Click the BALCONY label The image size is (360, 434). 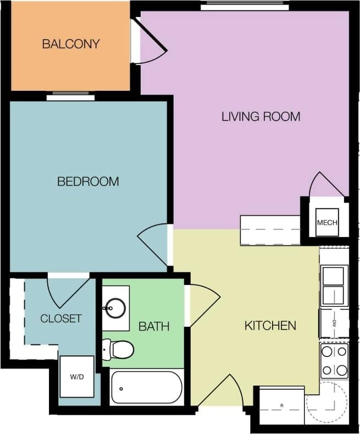click(71, 44)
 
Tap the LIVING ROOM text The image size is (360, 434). click(261, 117)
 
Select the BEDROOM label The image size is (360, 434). click(88, 181)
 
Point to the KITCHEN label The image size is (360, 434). click(270, 326)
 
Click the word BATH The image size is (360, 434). click(153, 327)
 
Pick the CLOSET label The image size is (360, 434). click(60, 318)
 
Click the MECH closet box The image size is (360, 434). click(327, 223)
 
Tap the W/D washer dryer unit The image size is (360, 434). click(76, 377)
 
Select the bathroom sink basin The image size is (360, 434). click(115, 307)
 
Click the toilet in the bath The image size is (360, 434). click(119, 349)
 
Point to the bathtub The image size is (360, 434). click(146, 388)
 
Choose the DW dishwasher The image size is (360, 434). click(334, 323)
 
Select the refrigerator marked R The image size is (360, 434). click(281, 405)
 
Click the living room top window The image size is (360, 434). click(245, 7)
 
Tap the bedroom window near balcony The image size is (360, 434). click(70, 97)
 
